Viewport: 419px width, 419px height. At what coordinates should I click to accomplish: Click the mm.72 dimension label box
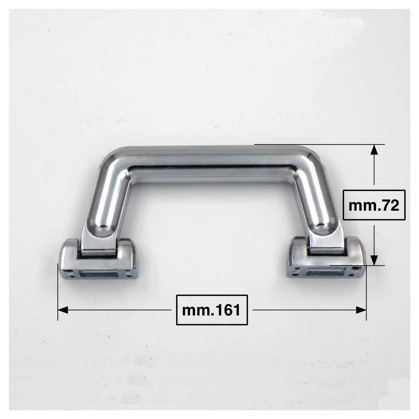pos(374,205)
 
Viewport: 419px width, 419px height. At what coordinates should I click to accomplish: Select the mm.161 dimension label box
pos(212,310)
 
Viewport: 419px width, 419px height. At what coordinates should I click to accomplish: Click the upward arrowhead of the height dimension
pos(374,149)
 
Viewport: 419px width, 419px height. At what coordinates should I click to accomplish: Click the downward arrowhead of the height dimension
pos(374,260)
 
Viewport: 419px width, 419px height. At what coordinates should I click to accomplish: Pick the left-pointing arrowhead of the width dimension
pos(63,310)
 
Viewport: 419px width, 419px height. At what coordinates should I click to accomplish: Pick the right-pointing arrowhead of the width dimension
pos(361,310)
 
